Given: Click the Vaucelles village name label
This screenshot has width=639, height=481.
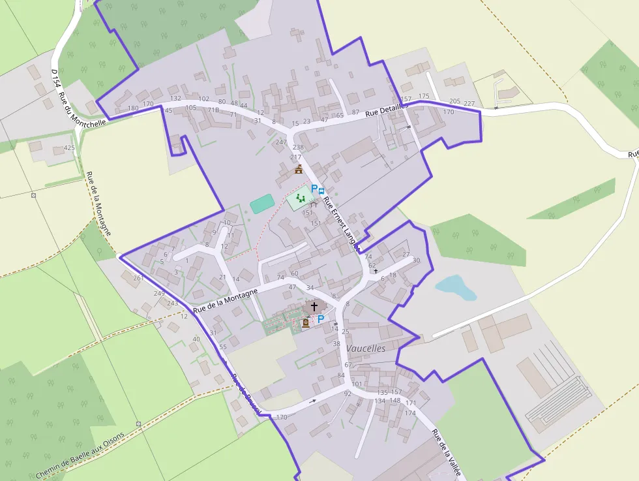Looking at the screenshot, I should point(366,349).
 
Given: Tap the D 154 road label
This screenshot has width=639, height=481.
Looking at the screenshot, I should point(56,78).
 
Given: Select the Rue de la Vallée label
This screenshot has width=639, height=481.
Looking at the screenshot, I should point(447,451).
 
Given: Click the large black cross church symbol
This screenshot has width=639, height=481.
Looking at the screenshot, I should point(314,306).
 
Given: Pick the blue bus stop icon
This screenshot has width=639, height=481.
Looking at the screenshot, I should point(321,190).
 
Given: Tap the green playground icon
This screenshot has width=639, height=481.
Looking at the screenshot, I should point(301,197).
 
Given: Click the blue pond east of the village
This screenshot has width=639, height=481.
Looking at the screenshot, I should point(456,287).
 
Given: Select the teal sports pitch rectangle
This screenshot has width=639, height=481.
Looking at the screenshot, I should point(262,204).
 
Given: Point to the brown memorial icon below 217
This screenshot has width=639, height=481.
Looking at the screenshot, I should point(299,170).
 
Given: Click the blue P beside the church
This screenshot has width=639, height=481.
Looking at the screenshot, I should point(321,319).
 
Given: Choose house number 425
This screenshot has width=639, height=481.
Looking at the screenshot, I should point(69,148).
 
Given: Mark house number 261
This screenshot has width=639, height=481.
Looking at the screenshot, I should point(138,278).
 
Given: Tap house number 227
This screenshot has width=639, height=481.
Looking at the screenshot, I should point(469,103).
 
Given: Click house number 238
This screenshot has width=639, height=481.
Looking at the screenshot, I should point(298,147).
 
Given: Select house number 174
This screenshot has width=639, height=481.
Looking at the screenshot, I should point(410,413).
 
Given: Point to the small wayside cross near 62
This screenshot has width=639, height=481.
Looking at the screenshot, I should point(376,270).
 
